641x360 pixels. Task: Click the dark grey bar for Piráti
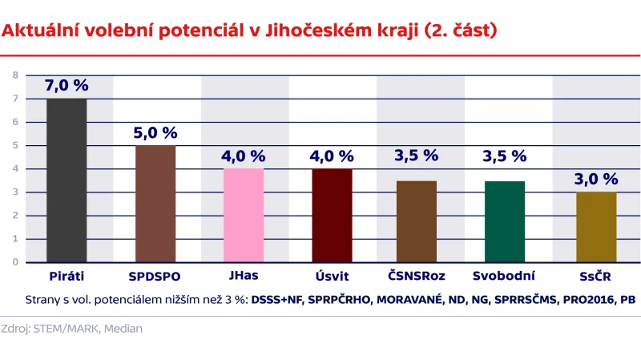[x=67, y=180]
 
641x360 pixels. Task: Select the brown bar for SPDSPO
[x=155, y=204]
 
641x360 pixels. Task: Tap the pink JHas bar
[x=244, y=215]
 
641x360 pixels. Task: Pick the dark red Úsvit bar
[x=332, y=215]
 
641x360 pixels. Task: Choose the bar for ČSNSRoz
[x=417, y=221]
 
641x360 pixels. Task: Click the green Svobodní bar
[x=505, y=221]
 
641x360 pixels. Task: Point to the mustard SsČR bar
[x=596, y=227]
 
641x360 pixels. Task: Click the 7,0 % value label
[x=67, y=86]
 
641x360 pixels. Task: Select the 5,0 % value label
[x=155, y=133]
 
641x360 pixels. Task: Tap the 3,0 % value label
[x=596, y=180]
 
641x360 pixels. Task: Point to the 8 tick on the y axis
[x=15, y=75]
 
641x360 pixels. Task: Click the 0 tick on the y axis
[x=15, y=262]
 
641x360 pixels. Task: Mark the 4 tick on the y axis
[x=15, y=168]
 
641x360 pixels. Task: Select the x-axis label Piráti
[x=67, y=277]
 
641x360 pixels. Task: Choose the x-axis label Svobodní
[x=505, y=277]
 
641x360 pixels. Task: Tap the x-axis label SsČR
[x=596, y=277]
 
